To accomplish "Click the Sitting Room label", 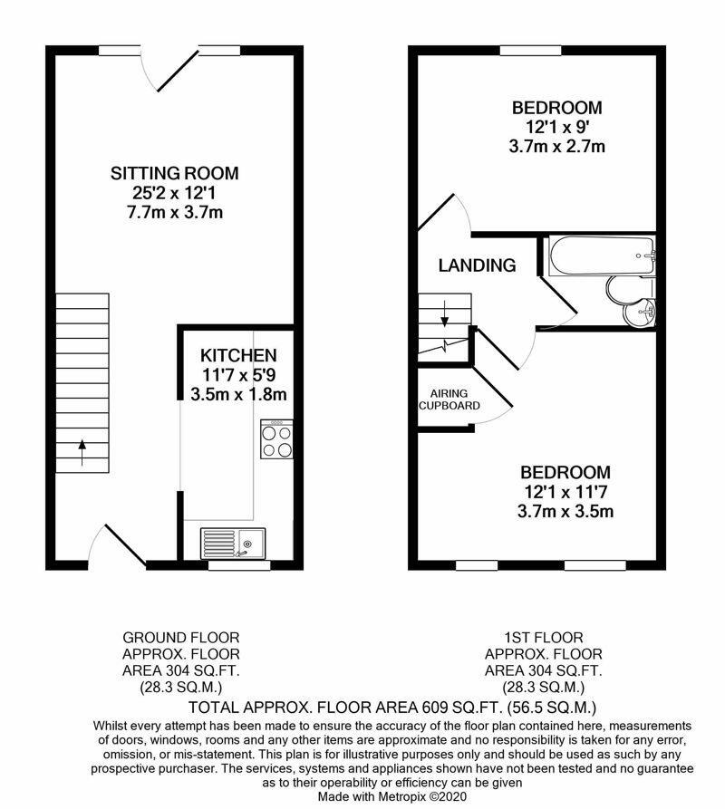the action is click(x=174, y=173).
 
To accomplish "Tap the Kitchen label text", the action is click(x=238, y=355).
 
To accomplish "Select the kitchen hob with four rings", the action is click(x=277, y=439).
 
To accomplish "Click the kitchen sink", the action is click(x=233, y=544).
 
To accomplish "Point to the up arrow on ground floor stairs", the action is click(x=82, y=452).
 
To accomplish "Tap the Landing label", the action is click(x=477, y=265).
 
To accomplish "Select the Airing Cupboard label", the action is click(x=449, y=400).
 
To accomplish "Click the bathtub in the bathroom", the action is click(x=602, y=255).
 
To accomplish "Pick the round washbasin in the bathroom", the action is click(x=639, y=313).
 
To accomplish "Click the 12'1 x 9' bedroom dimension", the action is click(x=556, y=127).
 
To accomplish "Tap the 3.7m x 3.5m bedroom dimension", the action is click(x=565, y=511).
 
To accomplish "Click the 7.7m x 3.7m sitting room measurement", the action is click(x=174, y=212).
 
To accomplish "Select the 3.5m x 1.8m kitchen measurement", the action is click(x=238, y=394).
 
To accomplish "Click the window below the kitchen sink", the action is click(x=239, y=565).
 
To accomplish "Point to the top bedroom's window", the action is click(x=530, y=50).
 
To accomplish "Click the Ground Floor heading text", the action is click(x=181, y=637).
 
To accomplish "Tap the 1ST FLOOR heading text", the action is click(x=544, y=637).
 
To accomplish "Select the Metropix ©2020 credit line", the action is click(x=392, y=796).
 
